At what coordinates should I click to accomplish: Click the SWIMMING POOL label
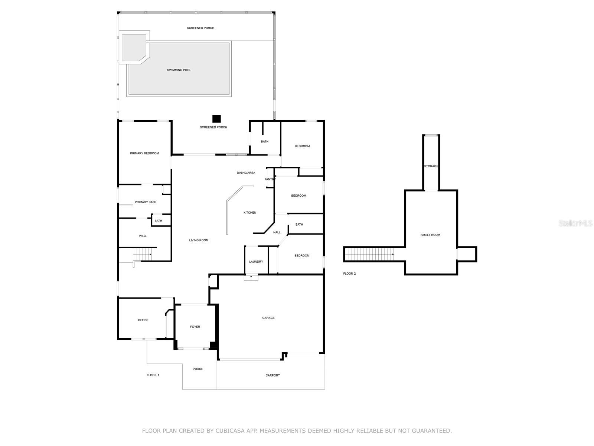pyautogui.click(x=179, y=70)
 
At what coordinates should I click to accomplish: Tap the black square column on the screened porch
pyautogui.click(x=216, y=119)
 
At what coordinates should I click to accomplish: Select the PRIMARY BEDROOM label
pyautogui.click(x=144, y=153)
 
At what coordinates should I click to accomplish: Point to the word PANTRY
pyautogui.click(x=270, y=179)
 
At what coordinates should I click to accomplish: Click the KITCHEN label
pyautogui.click(x=250, y=213)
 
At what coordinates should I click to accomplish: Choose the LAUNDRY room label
pyautogui.click(x=256, y=262)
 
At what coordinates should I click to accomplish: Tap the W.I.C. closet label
pyautogui.click(x=143, y=236)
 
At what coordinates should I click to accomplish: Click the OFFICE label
pyautogui.click(x=143, y=320)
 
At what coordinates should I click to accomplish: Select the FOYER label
pyautogui.click(x=195, y=327)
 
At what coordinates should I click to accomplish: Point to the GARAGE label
pyautogui.click(x=268, y=318)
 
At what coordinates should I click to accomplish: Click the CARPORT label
pyautogui.click(x=272, y=375)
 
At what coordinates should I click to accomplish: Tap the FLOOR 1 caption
pyautogui.click(x=153, y=375)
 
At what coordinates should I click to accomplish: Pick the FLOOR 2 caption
pyautogui.click(x=349, y=274)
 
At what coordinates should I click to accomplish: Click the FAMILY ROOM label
pyautogui.click(x=430, y=235)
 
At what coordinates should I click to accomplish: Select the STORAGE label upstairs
pyautogui.click(x=431, y=166)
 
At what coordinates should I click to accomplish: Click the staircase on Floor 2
pyautogui.click(x=369, y=254)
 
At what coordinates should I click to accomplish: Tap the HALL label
pyautogui.click(x=277, y=232)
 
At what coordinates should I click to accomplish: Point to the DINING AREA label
pyautogui.click(x=246, y=173)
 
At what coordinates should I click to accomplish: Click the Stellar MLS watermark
pyautogui.click(x=575, y=223)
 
